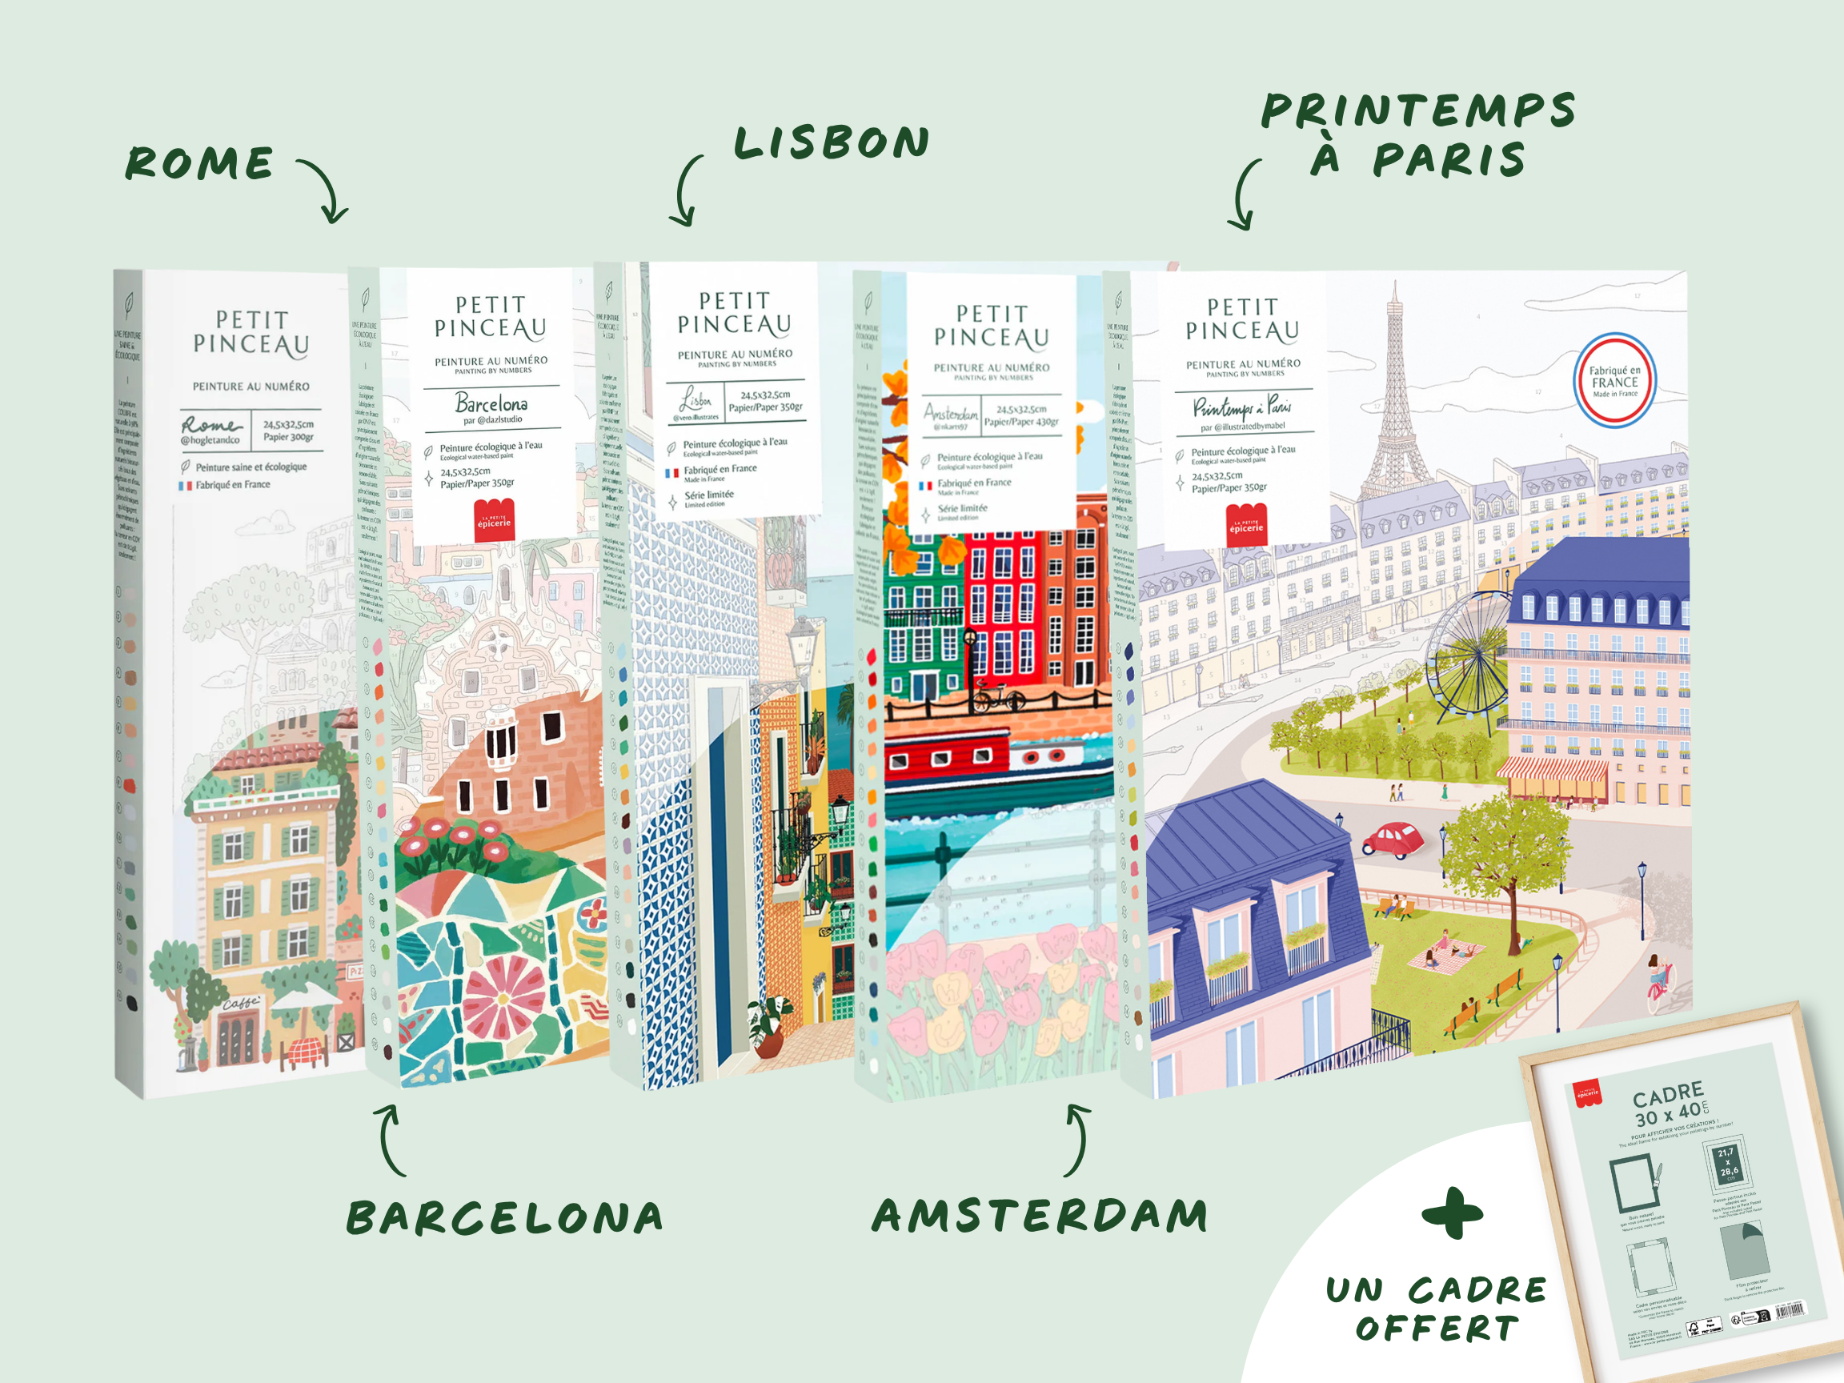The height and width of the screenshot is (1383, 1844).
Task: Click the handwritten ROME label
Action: tap(200, 163)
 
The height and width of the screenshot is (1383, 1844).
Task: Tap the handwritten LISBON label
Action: tap(831, 143)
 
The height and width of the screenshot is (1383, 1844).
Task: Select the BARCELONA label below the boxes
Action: tap(504, 1219)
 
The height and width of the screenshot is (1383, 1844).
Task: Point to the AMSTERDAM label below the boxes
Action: tap(1040, 1216)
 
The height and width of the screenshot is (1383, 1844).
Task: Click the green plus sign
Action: tap(1452, 1214)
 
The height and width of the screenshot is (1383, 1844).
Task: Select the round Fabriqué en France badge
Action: tap(1615, 381)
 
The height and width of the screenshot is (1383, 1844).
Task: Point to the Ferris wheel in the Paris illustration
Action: tap(1469, 655)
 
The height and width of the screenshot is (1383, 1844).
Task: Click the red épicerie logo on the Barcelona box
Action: tap(495, 521)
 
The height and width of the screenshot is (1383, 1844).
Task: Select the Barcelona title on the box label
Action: tap(491, 403)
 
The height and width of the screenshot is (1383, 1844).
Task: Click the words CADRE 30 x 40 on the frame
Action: tap(1669, 1104)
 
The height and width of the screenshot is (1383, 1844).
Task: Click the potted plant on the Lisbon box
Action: tap(768, 1030)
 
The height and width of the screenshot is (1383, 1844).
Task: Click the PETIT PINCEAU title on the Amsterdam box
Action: tap(991, 326)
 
